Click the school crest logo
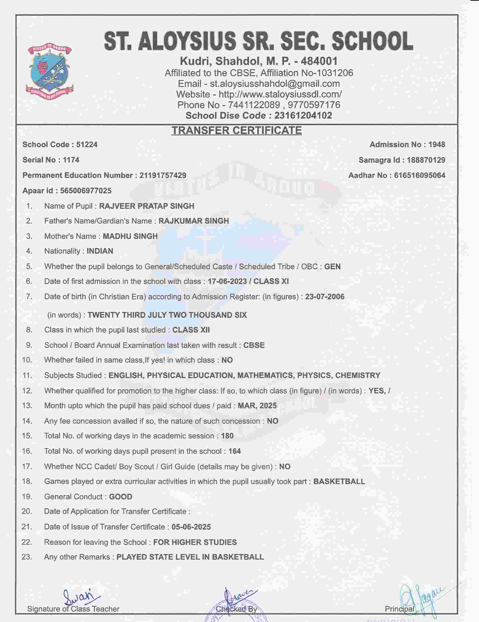[50, 72]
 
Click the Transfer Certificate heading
[236, 131]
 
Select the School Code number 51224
[87, 145]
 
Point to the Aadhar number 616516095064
[420, 175]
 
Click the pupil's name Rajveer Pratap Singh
[146, 206]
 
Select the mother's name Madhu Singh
[130, 237]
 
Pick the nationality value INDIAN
[100, 251]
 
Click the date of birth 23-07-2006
[325, 297]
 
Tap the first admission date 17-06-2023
[227, 281]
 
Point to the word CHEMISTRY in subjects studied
[358, 375]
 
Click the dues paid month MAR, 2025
[257, 406]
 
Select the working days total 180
[227, 436]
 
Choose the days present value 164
[235, 451]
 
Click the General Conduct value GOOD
[121, 497]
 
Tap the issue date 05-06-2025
[191, 527]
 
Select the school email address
[275, 84]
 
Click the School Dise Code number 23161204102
[303, 116]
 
